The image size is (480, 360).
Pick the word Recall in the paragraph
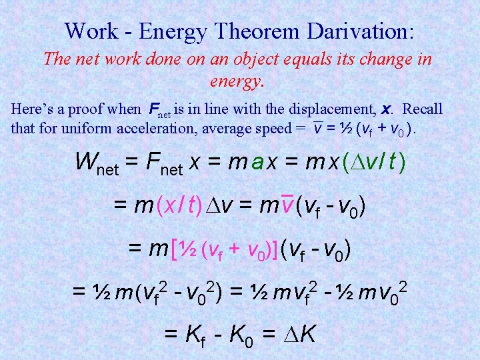423,109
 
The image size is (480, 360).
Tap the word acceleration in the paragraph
167,129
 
